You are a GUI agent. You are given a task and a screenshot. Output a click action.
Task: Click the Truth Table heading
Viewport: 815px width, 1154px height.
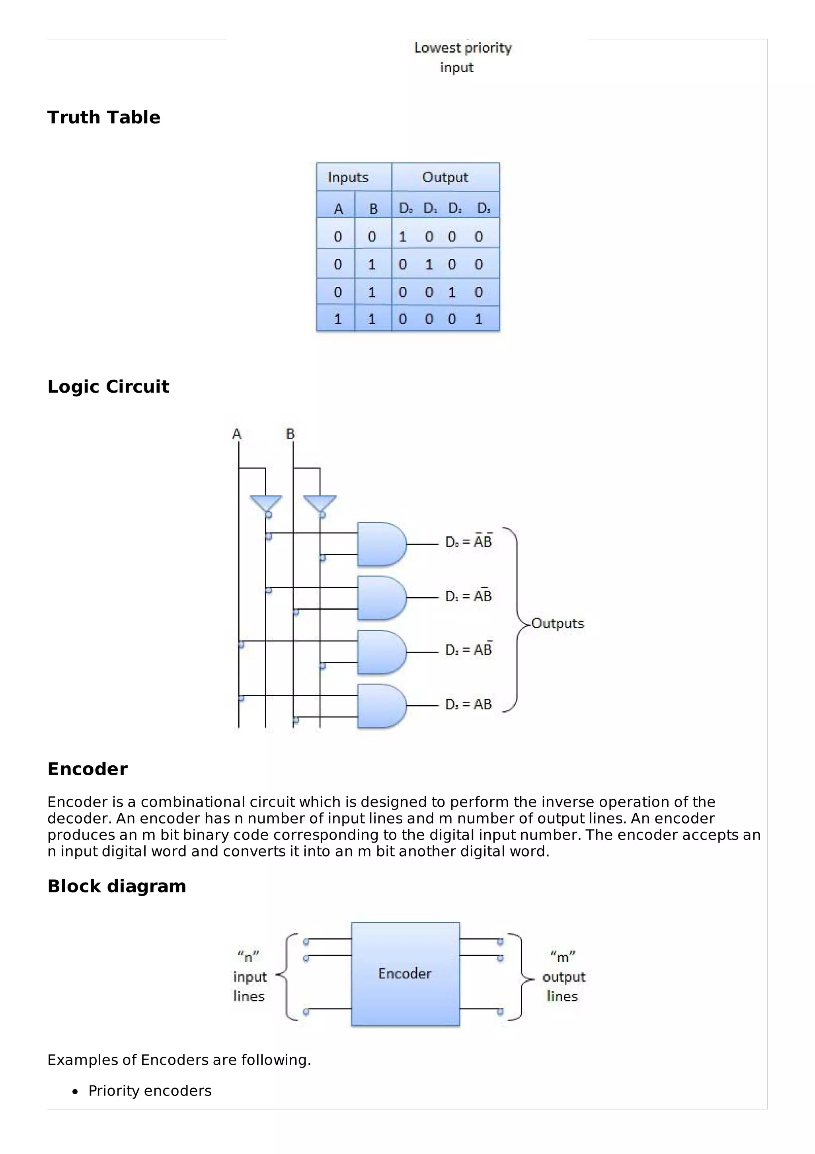(103, 117)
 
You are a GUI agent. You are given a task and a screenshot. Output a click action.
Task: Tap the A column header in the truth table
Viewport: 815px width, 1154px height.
(338, 209)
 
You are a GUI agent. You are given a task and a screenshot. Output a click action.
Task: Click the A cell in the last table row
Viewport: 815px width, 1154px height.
(337, 319)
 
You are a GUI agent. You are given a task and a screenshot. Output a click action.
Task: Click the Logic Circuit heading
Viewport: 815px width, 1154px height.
(108, 387)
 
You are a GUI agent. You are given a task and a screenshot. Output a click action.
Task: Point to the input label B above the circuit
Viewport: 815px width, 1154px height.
(290, 434)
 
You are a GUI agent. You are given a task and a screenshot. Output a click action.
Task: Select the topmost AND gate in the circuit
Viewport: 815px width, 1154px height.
(380, 544)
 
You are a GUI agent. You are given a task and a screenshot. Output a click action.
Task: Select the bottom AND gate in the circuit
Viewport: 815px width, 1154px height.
(380, 706)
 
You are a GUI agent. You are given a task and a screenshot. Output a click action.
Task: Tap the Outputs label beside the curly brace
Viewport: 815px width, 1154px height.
(558, 623)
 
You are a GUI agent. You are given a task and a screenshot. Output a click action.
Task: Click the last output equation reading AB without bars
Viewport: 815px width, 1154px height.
(468, 705)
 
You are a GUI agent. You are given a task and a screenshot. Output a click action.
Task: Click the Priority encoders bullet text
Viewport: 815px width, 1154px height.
(150, 1091)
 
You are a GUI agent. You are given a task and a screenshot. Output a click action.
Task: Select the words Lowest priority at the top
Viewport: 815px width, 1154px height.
(462, 48)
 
